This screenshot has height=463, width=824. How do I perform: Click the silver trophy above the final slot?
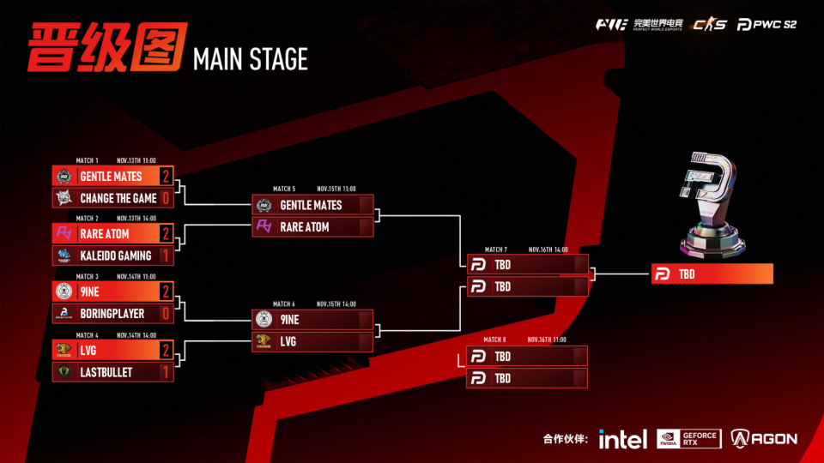pos(712,205)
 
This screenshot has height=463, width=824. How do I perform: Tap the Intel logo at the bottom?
pos(622,439)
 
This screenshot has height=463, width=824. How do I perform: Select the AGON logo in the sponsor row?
pos(764,439)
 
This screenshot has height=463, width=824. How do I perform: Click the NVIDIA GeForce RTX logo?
pos(688,439)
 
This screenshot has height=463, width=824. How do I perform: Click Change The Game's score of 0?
pos(166,198)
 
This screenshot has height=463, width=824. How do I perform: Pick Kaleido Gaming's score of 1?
pos(166,256)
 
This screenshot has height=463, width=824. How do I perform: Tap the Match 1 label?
pos(88,160)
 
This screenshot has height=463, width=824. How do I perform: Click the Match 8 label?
pos(495,340)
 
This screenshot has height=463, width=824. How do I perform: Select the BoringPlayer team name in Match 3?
pos(112,314)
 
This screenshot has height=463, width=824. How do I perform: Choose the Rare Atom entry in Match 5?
pos(305,227)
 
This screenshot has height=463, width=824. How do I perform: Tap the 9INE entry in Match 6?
pos(289,320)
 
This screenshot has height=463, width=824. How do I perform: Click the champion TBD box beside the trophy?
pos(712,274)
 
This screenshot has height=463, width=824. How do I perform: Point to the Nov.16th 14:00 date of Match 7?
pos(548,250)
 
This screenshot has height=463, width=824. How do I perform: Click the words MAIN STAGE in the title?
pos(251,59)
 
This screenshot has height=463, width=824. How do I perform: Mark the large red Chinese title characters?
pos(106,48)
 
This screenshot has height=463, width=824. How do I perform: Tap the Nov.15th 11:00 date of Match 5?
pos(336,189)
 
